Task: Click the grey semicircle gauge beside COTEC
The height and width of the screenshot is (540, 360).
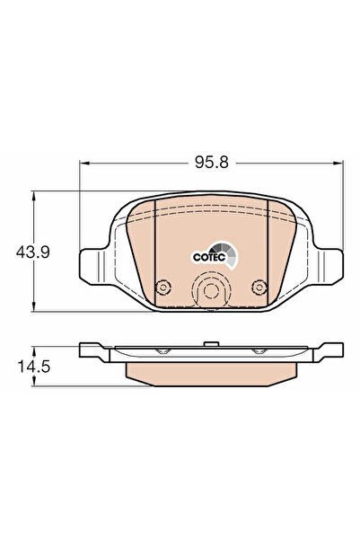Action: pyautogui.click(x=232, y=254)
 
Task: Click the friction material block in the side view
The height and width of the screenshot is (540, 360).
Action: pyautogui.click(x=212, y=370)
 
